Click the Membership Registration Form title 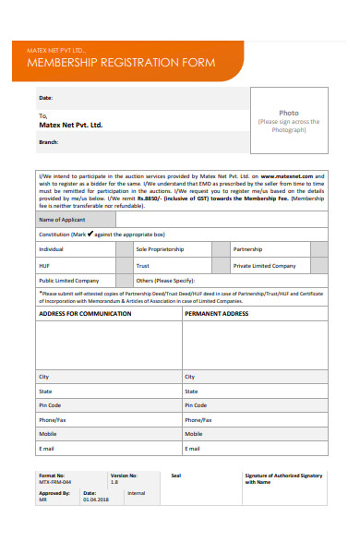pos(123,63)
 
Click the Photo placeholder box pos(289,121)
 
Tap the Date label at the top pos(45,97)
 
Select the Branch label pos(49,141)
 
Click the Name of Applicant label pos(61,220)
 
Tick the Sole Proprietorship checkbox pos(220,249)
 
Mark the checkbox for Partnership pos(318,249)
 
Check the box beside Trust pos(220,265)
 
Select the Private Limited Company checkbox pos(318,265)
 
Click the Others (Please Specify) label pos(165,280)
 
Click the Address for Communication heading pos(78,314)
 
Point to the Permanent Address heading pos(217,314)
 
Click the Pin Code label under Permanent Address pos(196,405)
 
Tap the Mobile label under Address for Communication pos(48,433)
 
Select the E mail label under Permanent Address pos(194,448)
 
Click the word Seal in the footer pos(176,475)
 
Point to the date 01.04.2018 pos(95,499)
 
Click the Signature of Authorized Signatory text pos(283,477)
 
